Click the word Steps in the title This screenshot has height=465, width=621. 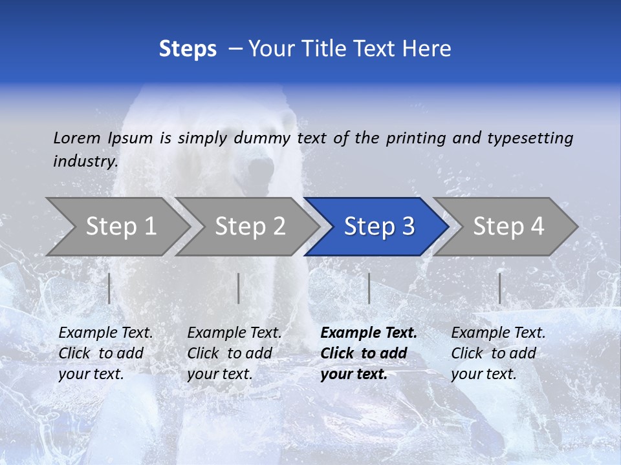click(188, 49)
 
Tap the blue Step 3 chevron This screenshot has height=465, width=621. click(377, 226)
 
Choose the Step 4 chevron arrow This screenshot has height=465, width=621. click(507, 226)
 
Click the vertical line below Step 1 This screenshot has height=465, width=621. click(109, 288)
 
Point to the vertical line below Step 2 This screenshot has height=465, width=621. click(239, 288)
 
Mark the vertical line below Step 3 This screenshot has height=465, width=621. click(369, 288)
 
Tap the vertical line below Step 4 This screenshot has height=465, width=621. click(500, 288)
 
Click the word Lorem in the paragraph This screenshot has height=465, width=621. click(77, 138)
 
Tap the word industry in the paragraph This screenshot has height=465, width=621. click(85, 161)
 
